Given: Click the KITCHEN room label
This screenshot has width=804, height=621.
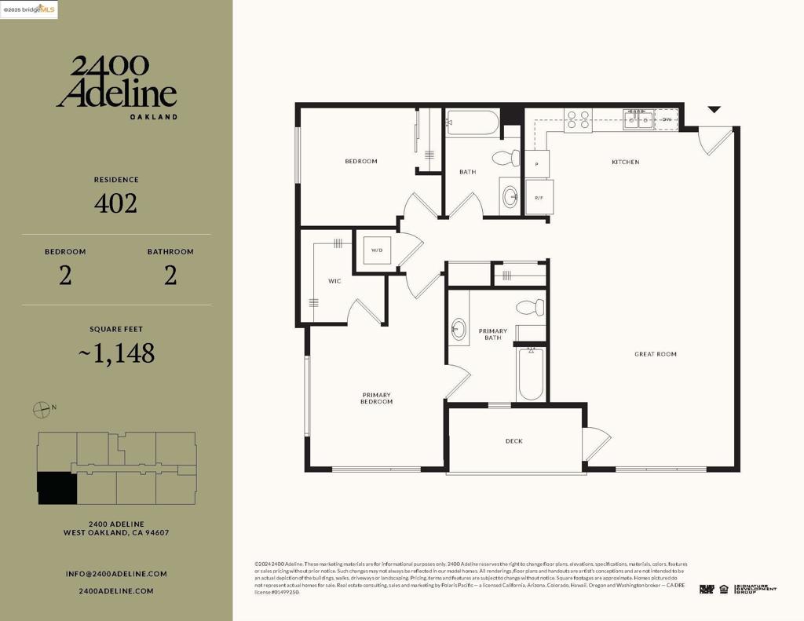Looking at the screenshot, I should coord(625,163).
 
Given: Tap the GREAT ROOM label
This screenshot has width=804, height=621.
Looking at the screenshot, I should coord(655,354).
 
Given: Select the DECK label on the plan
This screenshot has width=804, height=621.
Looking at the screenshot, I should coord(514,441).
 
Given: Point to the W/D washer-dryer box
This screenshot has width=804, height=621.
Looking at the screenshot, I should coord(376,251).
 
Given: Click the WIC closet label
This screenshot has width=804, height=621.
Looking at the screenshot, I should coord(334,281).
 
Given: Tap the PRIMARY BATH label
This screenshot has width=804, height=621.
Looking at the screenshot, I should coord(493,334).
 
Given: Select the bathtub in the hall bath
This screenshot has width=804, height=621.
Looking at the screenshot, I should coord(472,123).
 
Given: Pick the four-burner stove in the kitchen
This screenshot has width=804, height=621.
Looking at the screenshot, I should coord(579,119).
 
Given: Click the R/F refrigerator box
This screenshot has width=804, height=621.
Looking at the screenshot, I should coord(539,198).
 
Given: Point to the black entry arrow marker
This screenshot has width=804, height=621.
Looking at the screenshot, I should coord(714,110).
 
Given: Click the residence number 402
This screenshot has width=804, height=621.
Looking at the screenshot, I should coord(115,204).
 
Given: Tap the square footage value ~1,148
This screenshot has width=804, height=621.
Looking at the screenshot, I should coord(116,354).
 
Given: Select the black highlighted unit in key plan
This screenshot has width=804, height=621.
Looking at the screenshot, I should coord(57,488).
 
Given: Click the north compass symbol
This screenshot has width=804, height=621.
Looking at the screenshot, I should coord(42,409).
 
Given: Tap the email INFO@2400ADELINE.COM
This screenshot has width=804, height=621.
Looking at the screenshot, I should coord(116,574).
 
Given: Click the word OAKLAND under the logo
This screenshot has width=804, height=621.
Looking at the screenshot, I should coord(153,117).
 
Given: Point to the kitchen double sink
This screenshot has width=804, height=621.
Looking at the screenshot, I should coord(638,119).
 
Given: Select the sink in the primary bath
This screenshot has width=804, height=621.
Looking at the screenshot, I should coord(459,331).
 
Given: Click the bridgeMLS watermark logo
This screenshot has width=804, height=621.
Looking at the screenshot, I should coord(30,9).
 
